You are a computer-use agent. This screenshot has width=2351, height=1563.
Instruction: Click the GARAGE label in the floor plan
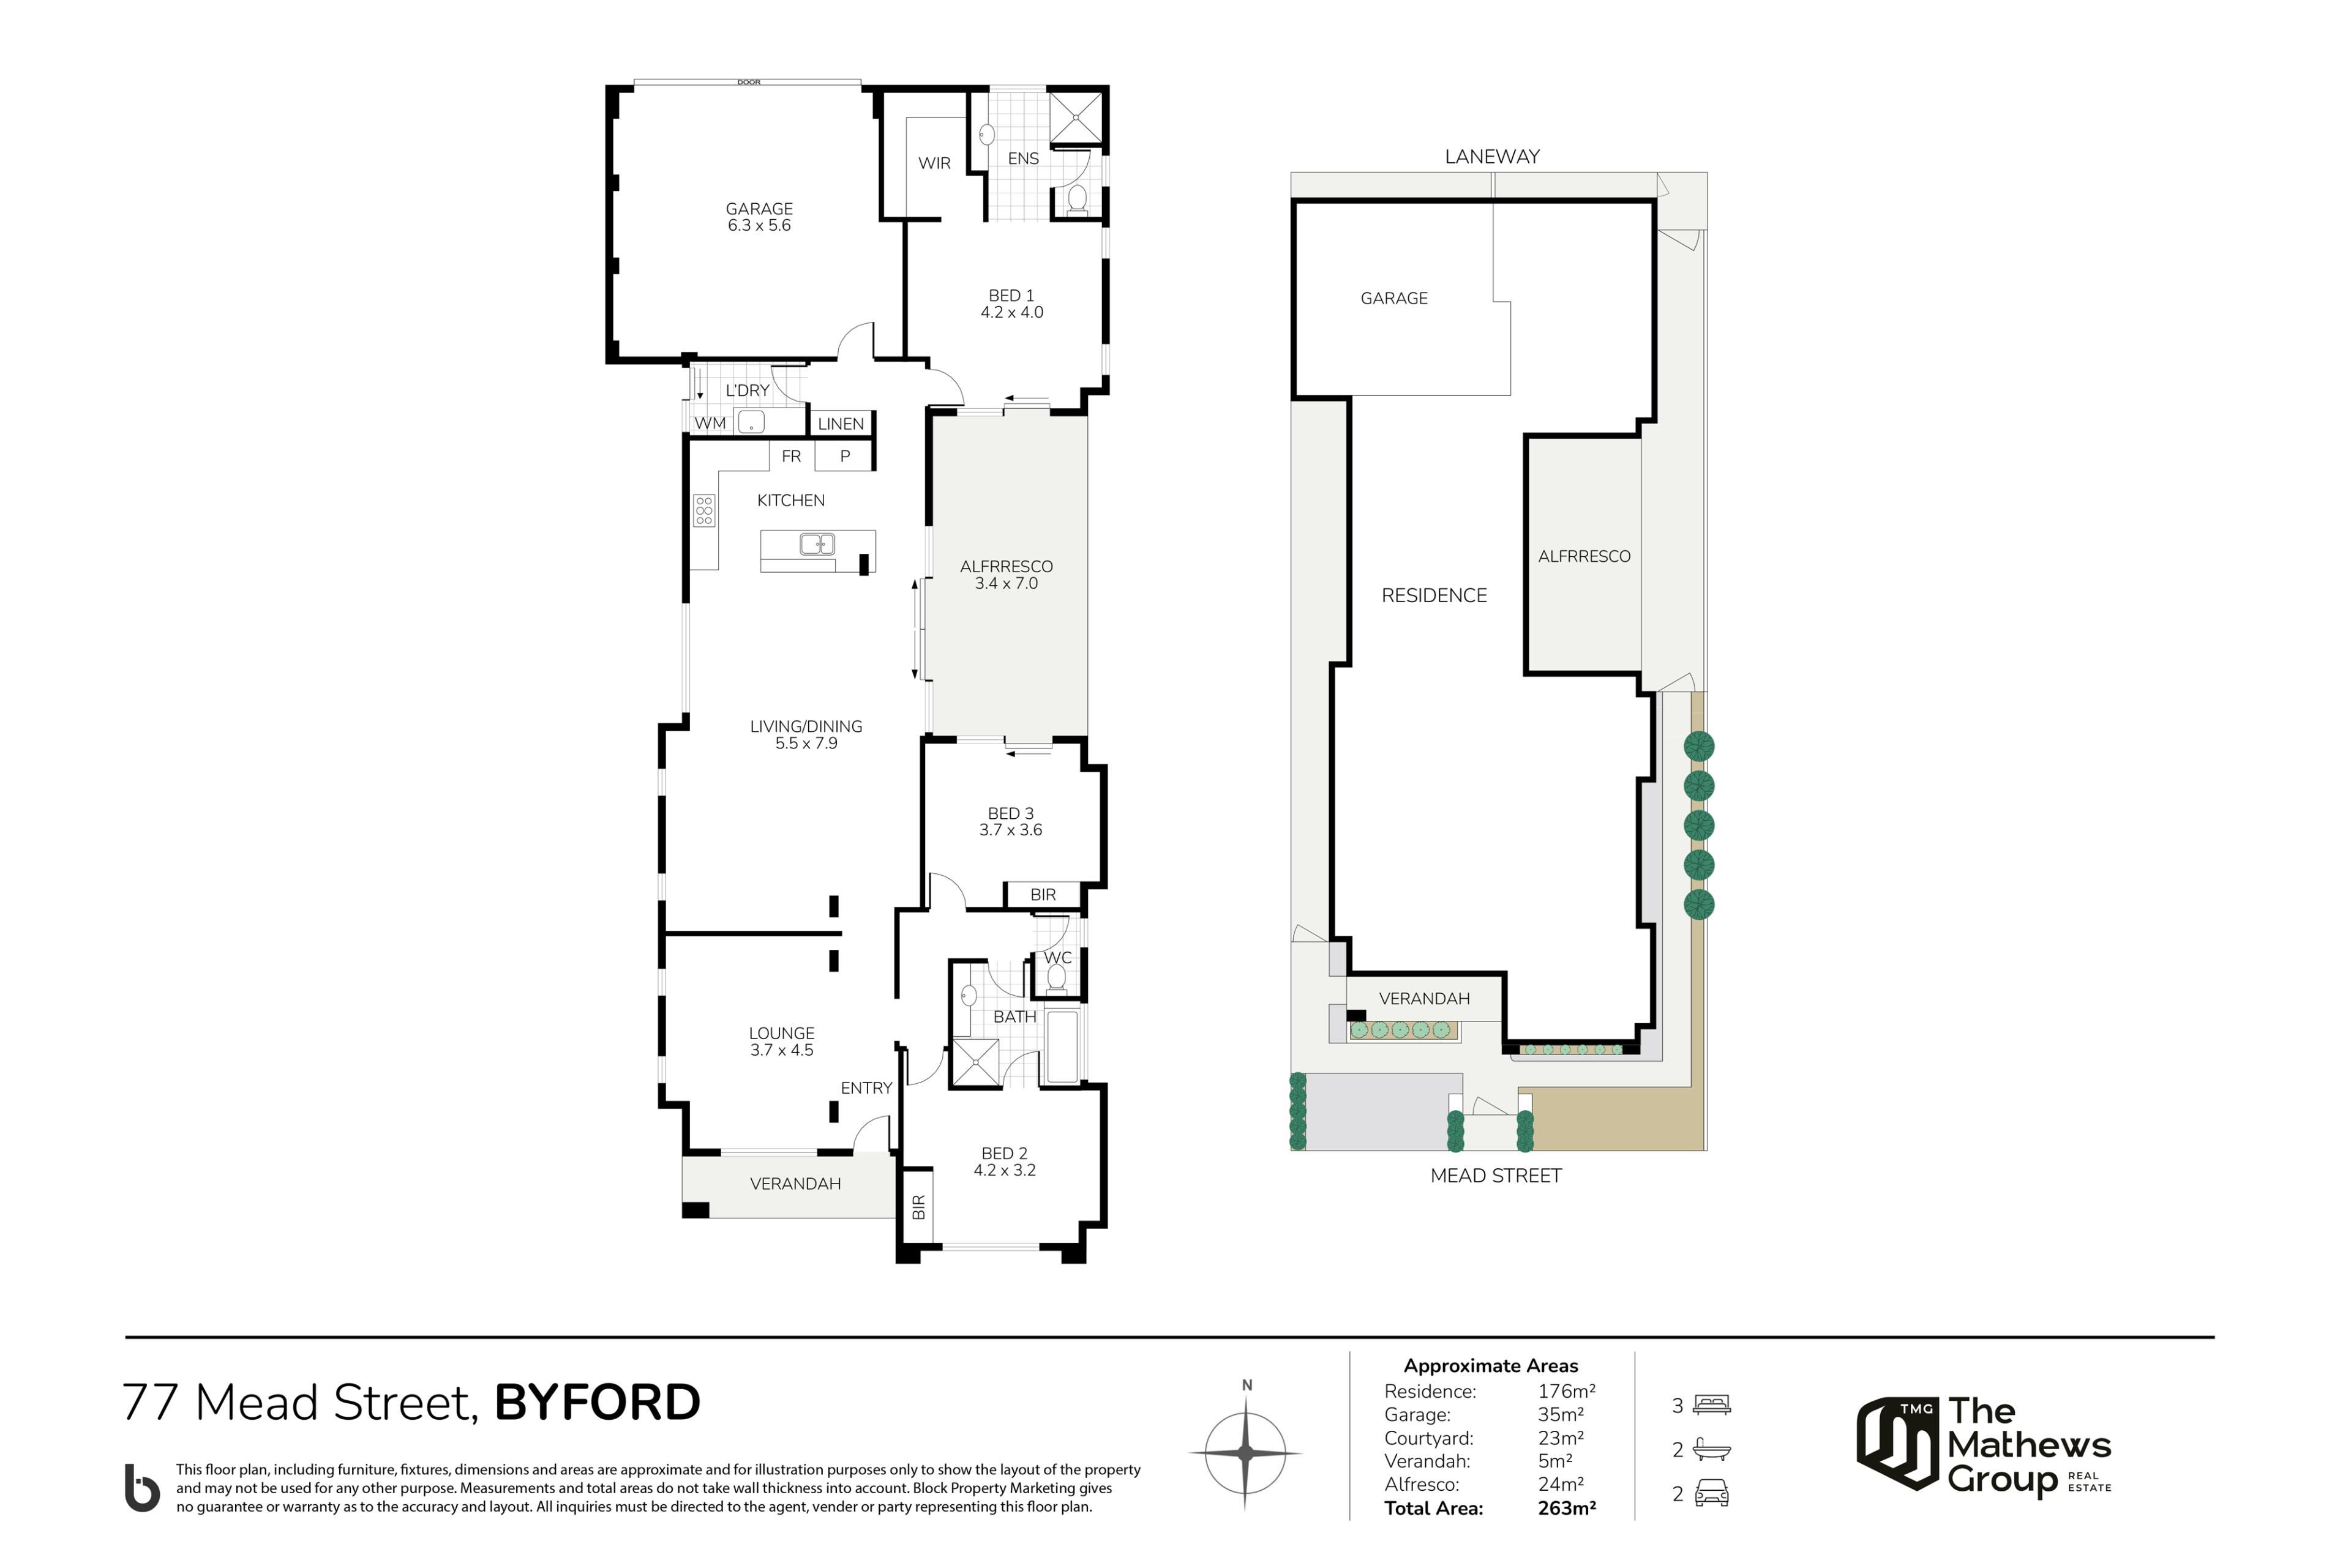pos(759,208)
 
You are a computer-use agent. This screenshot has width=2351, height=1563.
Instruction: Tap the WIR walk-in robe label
pos(934,162)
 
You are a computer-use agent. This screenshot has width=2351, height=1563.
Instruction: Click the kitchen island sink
pos(817,544)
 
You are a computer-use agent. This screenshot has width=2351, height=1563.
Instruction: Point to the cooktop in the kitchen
pos(704,510)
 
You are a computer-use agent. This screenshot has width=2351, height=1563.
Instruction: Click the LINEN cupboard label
pos(841,423)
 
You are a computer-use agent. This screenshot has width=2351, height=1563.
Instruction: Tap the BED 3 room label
pos(1010,813)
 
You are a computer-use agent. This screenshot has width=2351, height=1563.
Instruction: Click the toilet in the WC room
pos(1057,977)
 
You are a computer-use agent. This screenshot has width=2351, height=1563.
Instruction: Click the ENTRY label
pos(866,1087)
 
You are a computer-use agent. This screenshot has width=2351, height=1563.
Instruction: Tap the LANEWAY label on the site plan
pos(1491,157)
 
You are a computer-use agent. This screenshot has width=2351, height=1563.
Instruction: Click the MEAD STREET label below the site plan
pos(1496,1175)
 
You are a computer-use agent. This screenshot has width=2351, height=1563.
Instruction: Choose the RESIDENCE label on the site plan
pos(1434,595)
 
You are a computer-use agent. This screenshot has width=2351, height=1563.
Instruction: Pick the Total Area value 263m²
pos(1566,1508)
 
